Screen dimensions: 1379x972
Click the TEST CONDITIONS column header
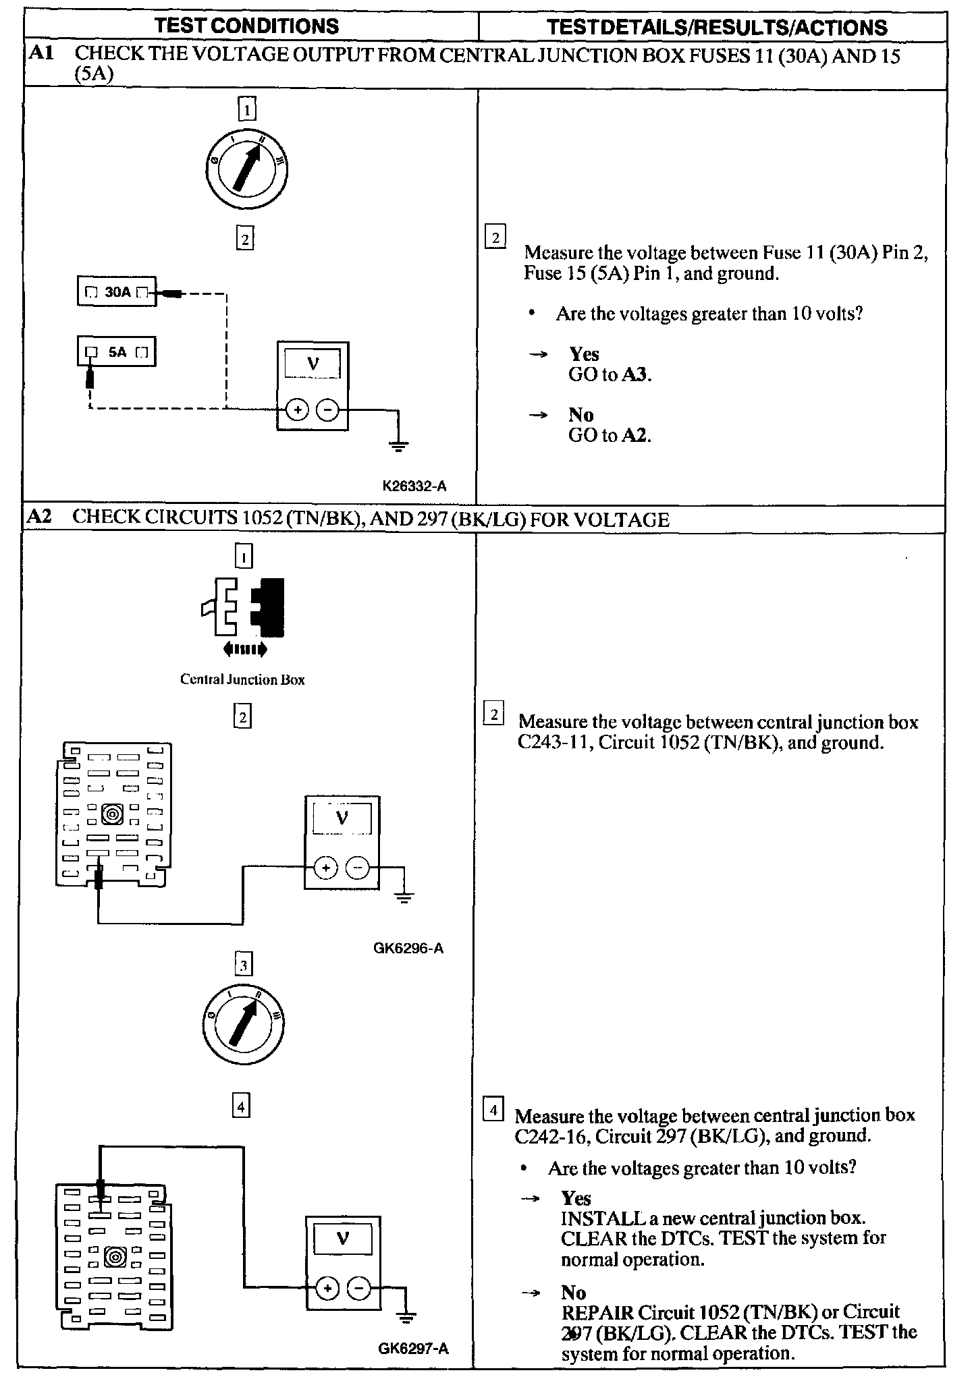(x=246, y=26)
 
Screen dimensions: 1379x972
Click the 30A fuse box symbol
(x=117, y=291)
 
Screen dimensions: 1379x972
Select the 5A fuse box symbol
(x=117, y=351)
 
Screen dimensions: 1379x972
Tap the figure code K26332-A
(x=414, y=486)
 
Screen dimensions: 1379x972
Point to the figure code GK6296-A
(x=408, y=948)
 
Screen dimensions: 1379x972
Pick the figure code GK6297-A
(x=413, y=1349)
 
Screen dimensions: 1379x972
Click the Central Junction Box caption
(x=242, y=679)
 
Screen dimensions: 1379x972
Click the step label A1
(x=40, y=53)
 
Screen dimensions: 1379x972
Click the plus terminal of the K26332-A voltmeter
(x=298, y=410)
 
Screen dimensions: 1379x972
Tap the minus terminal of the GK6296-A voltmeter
(x=358, y=868)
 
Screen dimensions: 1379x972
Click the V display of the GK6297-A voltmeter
(x=342, y=1239)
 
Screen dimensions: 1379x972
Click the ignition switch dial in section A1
(x=247, y=167)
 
